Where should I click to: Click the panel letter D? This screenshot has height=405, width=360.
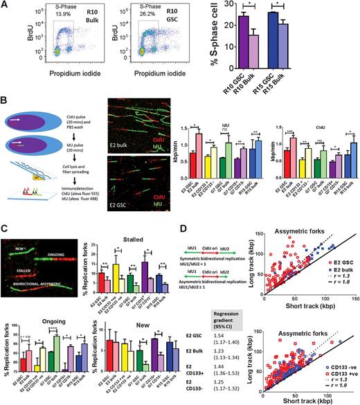click(x=186, y=220)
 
